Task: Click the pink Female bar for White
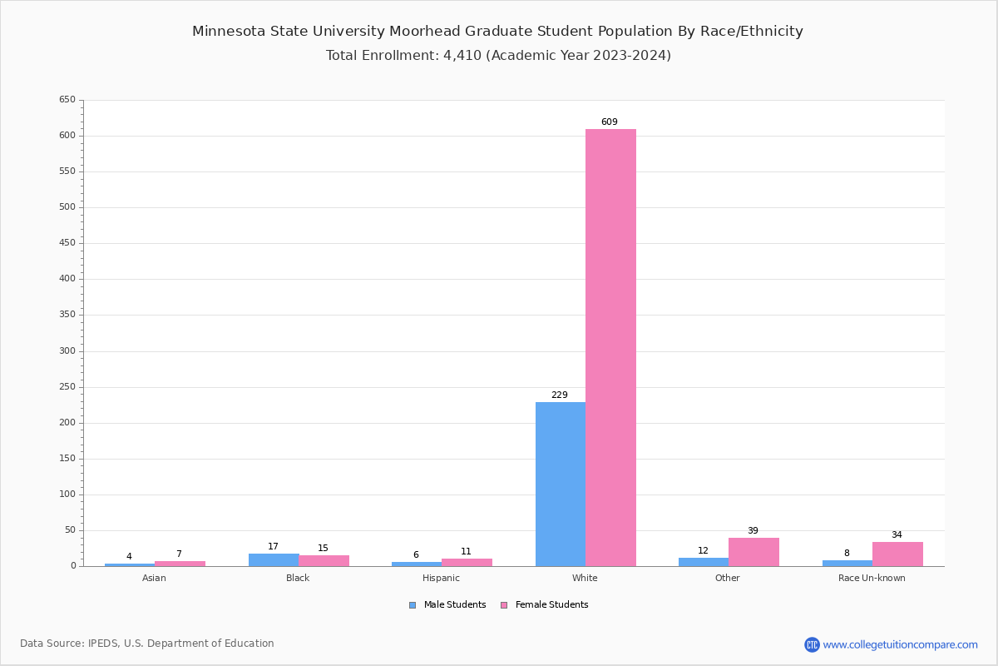tap(610, 347)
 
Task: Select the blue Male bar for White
tap(560, 484)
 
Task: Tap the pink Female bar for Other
tap(753, 552)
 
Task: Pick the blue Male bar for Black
tap(274, 559)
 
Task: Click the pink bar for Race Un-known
tap(897, 554)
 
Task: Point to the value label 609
tap(610, 122)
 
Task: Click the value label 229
tap(560, 395)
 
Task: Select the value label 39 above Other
tap(753, 531)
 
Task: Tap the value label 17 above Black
tap(273, 547)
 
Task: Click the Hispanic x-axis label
tap(441, 578)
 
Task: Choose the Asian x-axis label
tap(154, 578)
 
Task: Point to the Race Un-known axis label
tap(872, 578)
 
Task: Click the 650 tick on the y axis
tap(67, 100)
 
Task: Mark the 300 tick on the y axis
tap(67, 351)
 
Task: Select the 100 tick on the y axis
tap(67, 495)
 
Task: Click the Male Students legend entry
tap(448, 605)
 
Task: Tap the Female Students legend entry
tap(545, 605)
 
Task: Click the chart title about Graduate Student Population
tap(497, 32)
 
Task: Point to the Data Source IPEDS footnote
tap(147, 644)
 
